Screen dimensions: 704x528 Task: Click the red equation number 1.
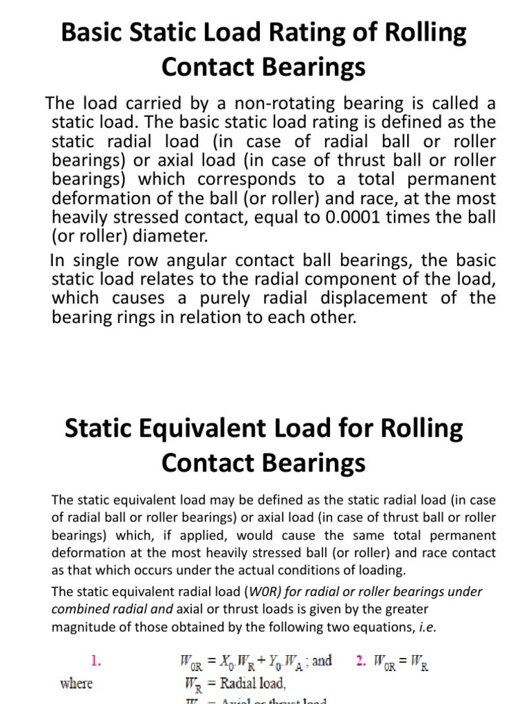point(97,662)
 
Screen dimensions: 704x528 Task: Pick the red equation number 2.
point(361,661)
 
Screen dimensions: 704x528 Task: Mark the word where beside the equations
point(76,683)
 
